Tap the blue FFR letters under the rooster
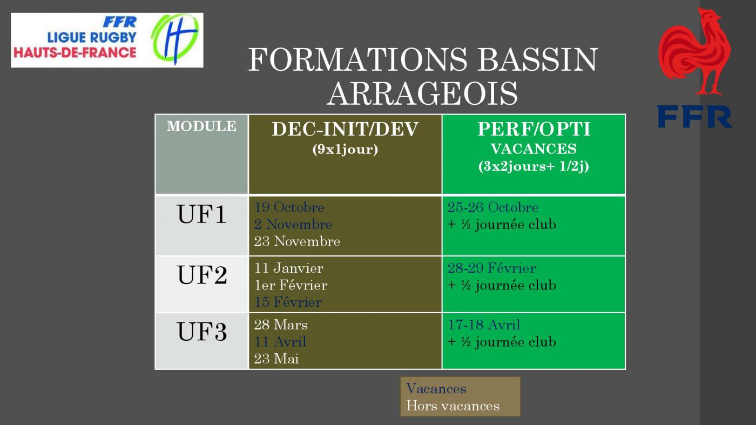coord(694,117)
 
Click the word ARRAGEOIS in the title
coord(422,93)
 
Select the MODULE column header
coord(201,126)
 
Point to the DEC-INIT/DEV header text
coord(345,129)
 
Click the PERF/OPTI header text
coord(534,129)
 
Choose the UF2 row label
coord(202,275)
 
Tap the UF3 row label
coord(202,332)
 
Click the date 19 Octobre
coord(289,207)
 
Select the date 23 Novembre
coord(297,241)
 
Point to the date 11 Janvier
coord(288,268)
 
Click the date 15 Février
coord(288,302)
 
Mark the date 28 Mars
coord(281,325)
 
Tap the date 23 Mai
coord(276,359)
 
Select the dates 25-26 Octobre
coord(492,207)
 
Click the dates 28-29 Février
coord(492,268)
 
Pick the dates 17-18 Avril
coord(484,325)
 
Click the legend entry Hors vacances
coord(453,406)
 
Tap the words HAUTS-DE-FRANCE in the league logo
coord(75,52)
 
